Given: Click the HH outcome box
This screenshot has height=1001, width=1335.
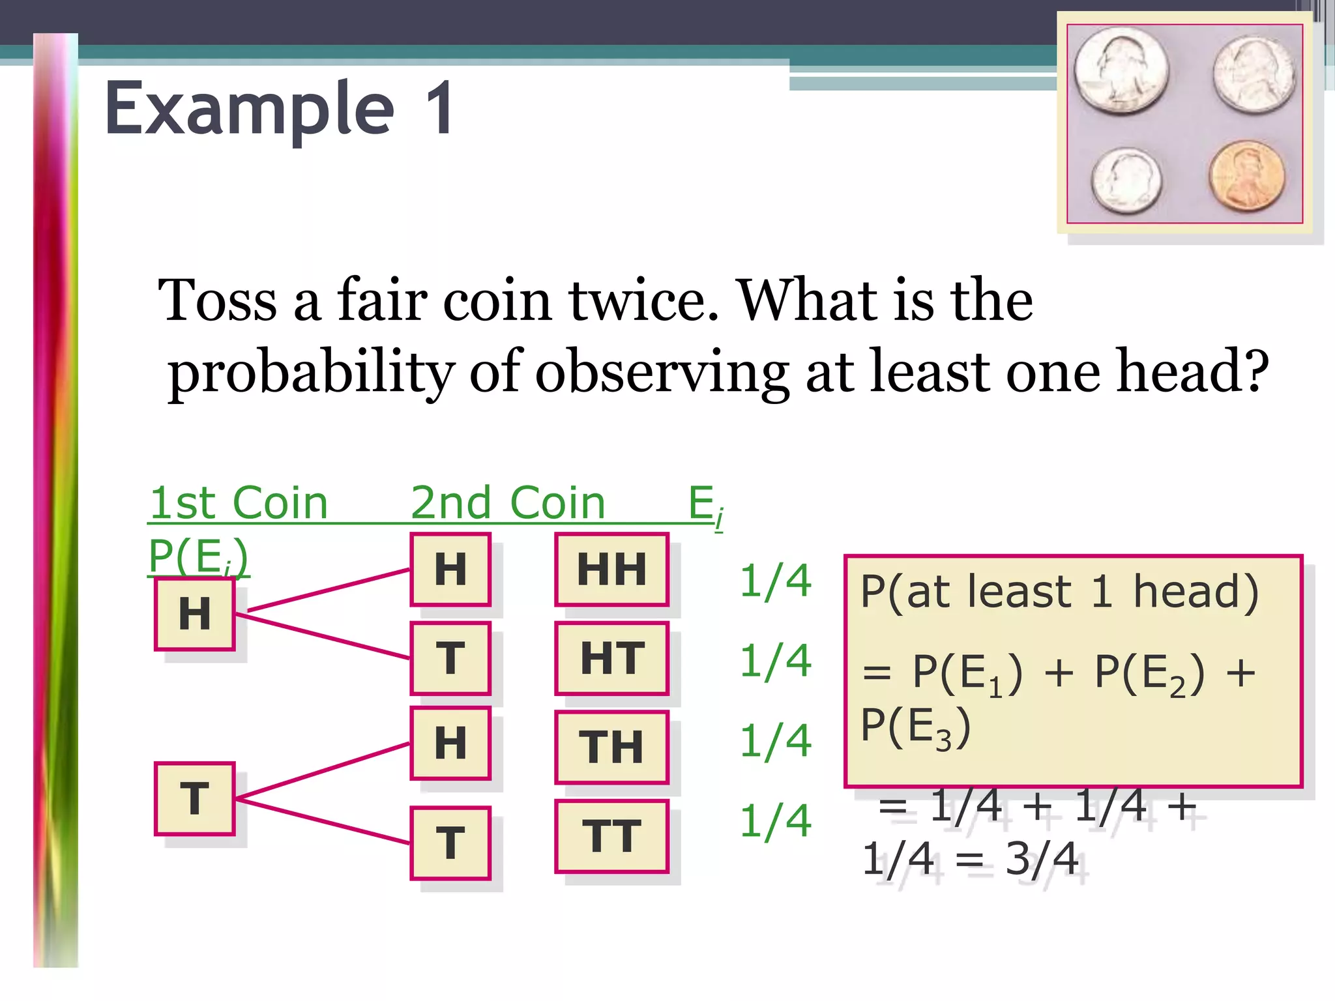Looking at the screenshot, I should click(611, 569).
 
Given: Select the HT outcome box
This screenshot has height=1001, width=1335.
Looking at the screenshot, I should click(611, 658).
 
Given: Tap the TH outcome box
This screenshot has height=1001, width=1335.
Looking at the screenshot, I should click(611, 747).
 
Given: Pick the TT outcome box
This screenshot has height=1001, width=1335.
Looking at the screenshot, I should click(611, 835).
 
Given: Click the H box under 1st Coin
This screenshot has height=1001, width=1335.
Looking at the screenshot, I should click(194, 613).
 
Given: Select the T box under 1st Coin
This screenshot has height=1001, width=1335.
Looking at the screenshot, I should click(194, 798).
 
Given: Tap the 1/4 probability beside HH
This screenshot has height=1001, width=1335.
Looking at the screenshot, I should click(775, 581).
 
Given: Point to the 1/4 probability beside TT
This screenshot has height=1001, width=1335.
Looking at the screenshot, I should click(775, 820).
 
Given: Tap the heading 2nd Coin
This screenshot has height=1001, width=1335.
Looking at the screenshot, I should click(508, 503).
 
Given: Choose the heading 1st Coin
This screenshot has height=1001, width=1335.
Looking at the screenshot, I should click(239, 503).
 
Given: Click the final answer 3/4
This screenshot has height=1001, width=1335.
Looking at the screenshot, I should click(1042, 859).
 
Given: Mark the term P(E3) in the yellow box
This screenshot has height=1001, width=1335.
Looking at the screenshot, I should click(915, 727).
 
